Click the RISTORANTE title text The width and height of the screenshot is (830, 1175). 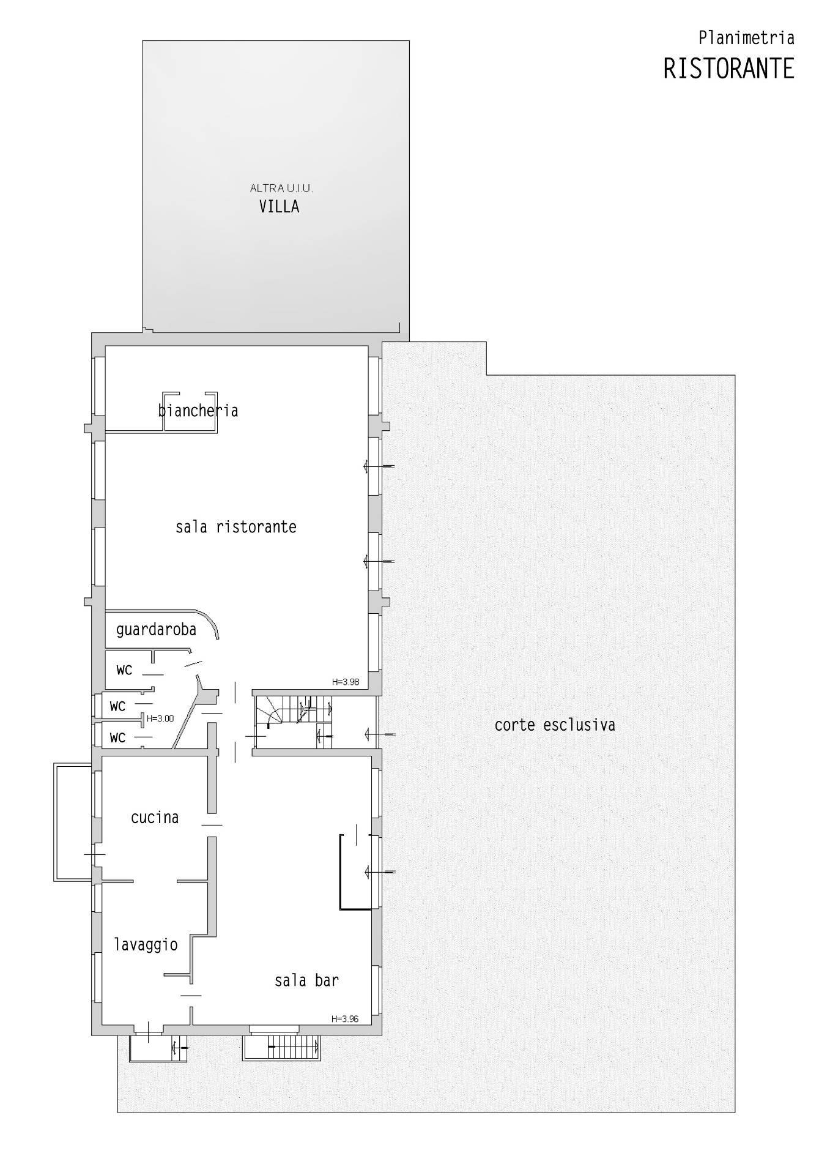click(x=728, y=69)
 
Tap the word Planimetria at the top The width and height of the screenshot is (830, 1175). click(x=746, y=38)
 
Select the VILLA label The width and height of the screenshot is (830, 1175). click(x=279, y=206)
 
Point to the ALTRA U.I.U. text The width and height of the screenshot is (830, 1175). click(x=281, y=188)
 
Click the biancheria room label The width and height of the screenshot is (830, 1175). click(x=198, y=409)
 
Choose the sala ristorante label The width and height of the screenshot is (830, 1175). click(x=236, y=527)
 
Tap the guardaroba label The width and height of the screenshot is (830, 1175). click(x=156, y=629)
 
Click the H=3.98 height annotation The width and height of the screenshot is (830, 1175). click(x=346, y=682)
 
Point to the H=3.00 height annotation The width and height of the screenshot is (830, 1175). click(x=160, y=718)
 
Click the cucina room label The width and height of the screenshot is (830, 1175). click(x=155, y=818)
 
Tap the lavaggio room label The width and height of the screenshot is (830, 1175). click(x=146, y=945)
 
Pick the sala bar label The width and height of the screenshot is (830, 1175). click(x=306, y=980)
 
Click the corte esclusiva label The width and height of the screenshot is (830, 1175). click(x=555, y=725)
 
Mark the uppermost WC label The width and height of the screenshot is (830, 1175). click(x=124, y=670)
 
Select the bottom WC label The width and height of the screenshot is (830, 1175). click(x=117, y=738)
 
